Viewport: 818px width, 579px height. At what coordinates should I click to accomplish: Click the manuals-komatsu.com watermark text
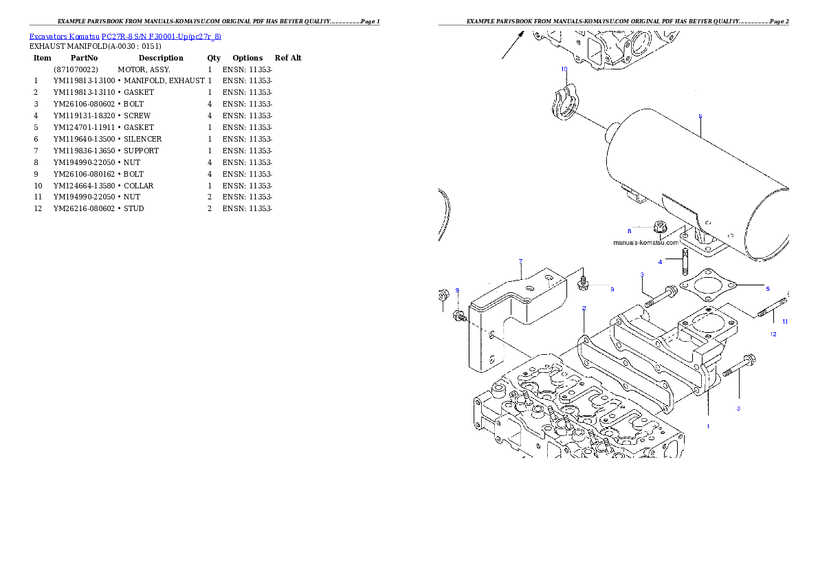point(645,242)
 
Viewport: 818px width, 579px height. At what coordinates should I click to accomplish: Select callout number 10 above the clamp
point(564,69)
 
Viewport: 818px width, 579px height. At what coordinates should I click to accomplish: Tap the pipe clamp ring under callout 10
point(564,105)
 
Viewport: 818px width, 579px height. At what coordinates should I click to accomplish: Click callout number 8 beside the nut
point(628,230)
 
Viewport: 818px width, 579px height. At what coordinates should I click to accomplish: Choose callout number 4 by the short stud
point(660,262)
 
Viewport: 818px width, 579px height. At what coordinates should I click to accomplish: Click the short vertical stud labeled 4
point(685,262)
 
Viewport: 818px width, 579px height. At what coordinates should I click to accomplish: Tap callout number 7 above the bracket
point(520,261)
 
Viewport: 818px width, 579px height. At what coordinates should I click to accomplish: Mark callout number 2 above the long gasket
point(584,308)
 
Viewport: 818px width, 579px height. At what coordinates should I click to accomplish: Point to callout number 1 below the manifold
point(708,426)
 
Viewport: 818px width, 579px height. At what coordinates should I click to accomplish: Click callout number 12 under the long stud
point(773,334)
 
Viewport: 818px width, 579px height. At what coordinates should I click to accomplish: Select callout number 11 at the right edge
point(784,322)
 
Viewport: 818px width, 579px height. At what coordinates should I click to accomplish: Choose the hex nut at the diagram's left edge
point(442,296)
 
